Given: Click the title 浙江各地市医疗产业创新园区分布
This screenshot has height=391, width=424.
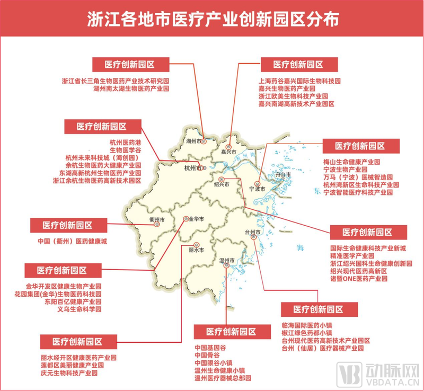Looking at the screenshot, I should (212, 20).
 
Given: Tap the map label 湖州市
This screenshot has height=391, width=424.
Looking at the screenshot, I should (195, 142).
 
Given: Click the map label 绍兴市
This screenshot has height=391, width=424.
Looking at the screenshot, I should (222, 184).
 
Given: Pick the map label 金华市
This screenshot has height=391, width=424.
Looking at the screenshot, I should (196, 219).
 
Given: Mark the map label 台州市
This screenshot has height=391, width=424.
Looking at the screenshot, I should (253, 233).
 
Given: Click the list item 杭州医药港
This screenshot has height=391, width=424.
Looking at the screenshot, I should (125, 143).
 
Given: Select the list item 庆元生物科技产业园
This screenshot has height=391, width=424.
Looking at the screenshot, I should (69, 372).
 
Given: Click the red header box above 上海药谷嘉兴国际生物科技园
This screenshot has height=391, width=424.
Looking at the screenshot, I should (298, 65).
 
